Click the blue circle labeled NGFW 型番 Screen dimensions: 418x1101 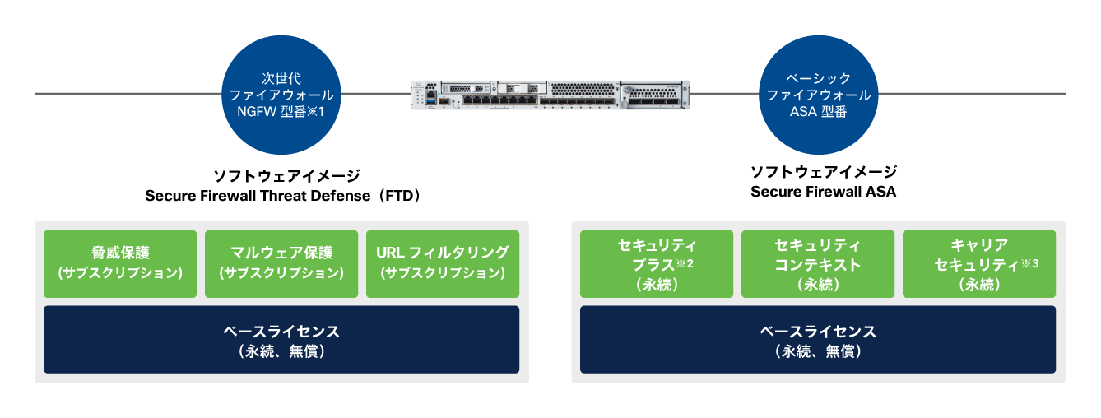pos(283,94)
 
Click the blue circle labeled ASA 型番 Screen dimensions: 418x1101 pos(819,94)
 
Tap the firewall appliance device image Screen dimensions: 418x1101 pos(550,95)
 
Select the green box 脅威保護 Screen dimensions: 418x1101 pos(120,263)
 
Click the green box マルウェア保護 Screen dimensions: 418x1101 pos(281,263)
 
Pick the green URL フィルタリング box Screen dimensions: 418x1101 pos(443,263)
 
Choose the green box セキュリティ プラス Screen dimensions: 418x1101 pos(657,263)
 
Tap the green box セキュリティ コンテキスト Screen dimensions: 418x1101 pos(818,263)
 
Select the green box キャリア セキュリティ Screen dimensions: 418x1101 pos(979,263)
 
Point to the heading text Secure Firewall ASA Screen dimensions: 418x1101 pos(823,192)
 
